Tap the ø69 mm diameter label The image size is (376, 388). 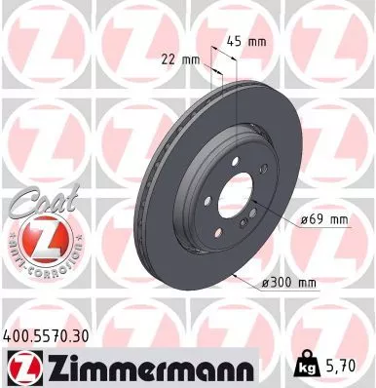[x=324, y=220]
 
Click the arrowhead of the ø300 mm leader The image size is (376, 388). [x=236, y=273]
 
